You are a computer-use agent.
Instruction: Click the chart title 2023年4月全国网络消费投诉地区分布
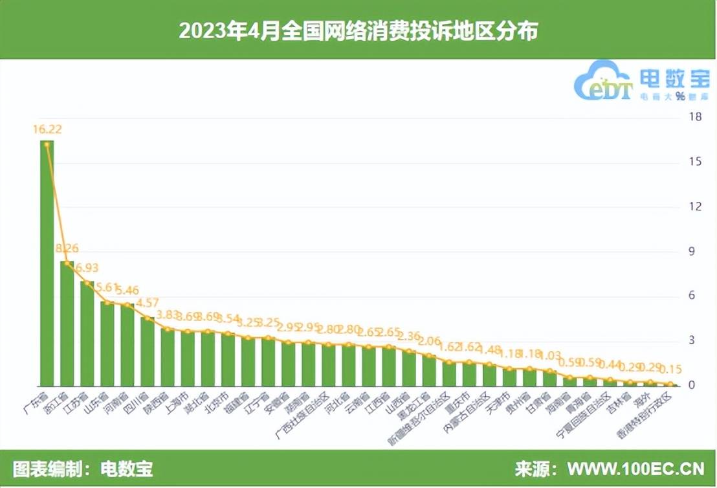358,30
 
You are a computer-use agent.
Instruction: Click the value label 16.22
47,129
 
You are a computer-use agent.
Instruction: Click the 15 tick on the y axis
696,162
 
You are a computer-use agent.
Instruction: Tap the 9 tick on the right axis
696,251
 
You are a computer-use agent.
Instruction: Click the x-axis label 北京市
215,405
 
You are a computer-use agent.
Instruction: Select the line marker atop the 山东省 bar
107,302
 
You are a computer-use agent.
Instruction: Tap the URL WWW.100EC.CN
636,469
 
